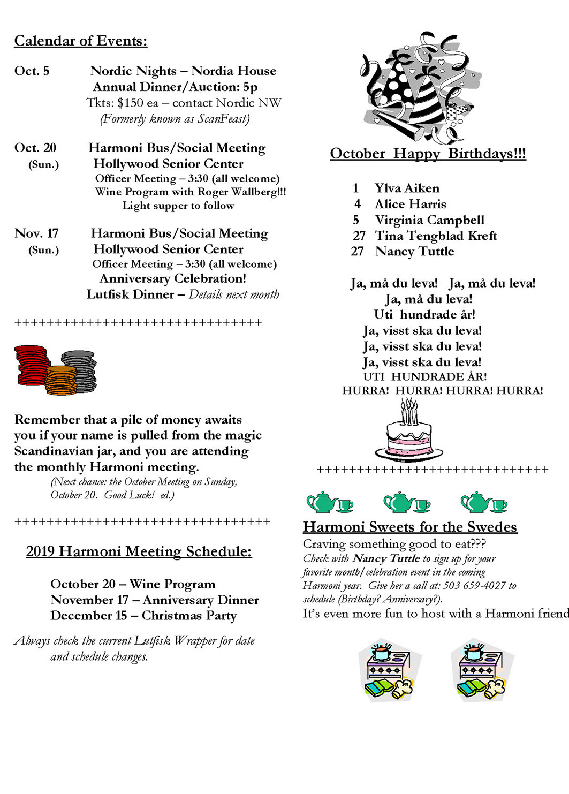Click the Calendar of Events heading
(80, 41)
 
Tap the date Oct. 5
(32, 71)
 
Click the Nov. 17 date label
(36, 233)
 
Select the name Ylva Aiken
(407, 188)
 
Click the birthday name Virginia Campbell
(429, 220)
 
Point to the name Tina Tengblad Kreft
(436, 236)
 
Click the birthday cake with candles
(409, 431)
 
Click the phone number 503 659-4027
(474, 586)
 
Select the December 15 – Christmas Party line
(143, 616)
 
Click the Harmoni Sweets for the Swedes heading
(409, 527)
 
